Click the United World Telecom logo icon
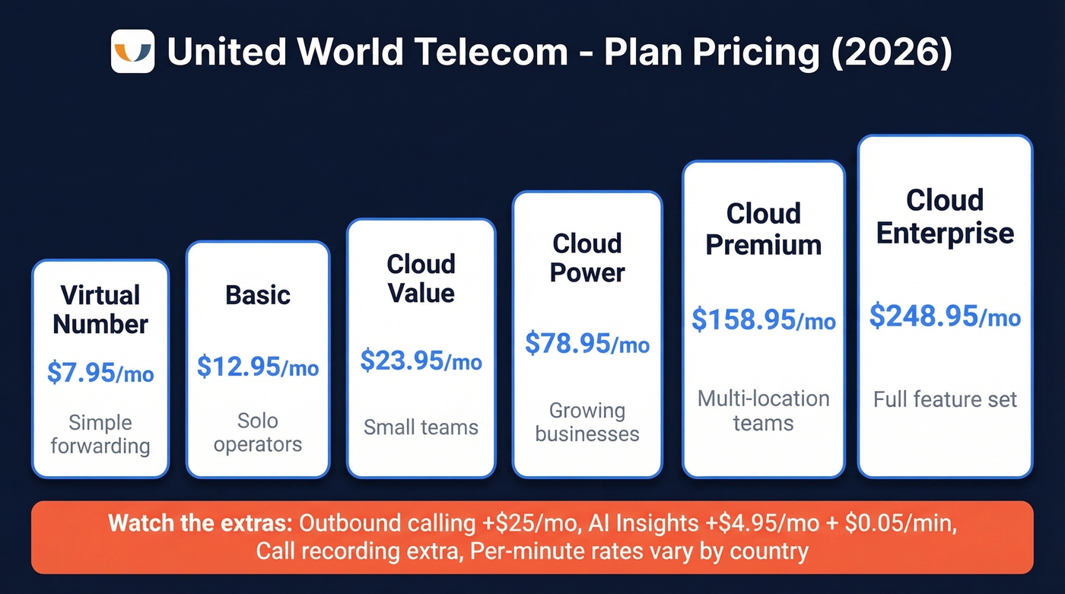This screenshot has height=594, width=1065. pos(132,52)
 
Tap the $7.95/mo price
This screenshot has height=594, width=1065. pos(100,373)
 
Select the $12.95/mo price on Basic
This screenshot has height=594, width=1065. pos(258,367)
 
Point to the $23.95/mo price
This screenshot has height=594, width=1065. pos(421,361)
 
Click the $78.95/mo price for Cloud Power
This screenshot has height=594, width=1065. pos(587,343)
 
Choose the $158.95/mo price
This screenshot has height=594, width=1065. pos(764,319)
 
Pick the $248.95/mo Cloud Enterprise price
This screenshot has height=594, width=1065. pos(945,315)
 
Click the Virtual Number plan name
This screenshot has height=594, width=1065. pos(100,310)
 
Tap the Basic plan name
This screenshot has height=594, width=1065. pos(258,295)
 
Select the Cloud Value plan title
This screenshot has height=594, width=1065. pos(421,278)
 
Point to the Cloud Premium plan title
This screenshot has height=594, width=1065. pos(764,229)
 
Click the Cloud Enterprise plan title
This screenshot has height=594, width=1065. pos(945,217)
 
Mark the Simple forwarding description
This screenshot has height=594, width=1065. pos(100,434)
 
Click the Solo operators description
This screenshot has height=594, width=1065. pos(258,432)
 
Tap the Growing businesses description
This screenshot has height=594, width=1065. pos(587,422)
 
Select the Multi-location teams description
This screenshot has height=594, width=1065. pos(764,410)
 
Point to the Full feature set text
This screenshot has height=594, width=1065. pos(945,399)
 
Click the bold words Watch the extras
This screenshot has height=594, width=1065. pos(201,523)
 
